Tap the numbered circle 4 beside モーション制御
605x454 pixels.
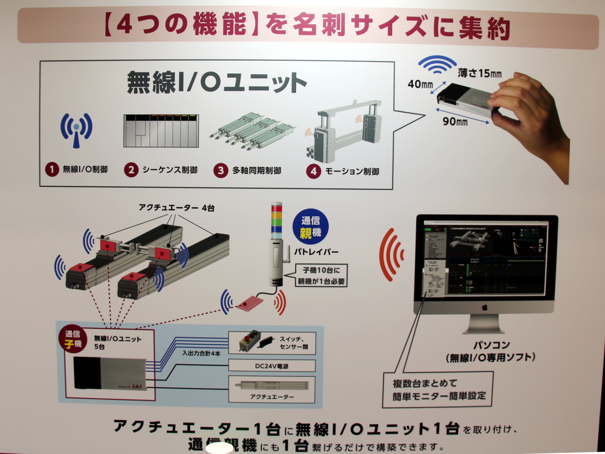point(313,171)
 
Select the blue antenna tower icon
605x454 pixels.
point(76,130)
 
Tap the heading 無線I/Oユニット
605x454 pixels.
point(216,82)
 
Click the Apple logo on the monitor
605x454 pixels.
point(485,306)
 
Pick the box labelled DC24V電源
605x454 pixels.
point(272,365)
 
